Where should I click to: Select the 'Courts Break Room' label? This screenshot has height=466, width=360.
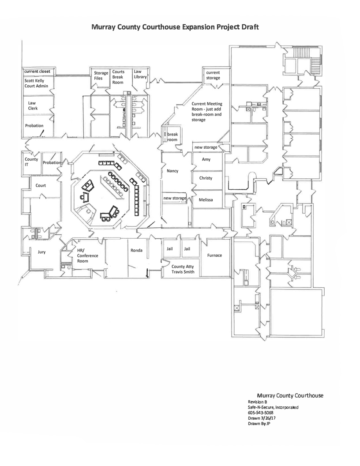pos(118,77)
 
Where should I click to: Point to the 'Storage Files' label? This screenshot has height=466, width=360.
pos(101,75)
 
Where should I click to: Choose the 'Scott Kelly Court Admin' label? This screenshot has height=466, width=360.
pos(36,83)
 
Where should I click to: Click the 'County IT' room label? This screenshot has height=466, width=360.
pos(31,162)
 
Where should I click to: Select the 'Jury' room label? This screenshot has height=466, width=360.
pos(41,252)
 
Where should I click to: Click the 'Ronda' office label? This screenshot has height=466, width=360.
pos(136,250)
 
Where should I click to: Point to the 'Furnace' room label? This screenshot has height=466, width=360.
pos(214,256)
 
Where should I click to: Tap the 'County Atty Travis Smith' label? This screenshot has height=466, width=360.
pos(183,269)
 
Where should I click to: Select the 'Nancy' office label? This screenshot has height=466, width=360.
pos(172,171)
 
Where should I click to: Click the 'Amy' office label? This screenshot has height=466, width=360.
pos(206,159)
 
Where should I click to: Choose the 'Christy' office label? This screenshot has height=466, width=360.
pos(206,178)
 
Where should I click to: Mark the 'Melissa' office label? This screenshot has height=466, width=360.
pos(206,200)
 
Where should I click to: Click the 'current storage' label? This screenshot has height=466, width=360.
pos(213,75)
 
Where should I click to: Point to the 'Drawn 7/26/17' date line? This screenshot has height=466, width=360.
pos(262,418)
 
